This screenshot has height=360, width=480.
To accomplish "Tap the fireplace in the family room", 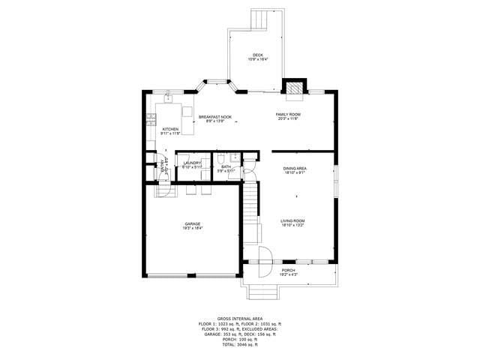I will pos(295,88).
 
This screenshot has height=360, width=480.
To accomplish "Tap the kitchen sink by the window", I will pos(169,97).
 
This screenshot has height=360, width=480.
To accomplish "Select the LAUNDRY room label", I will pos(192,164).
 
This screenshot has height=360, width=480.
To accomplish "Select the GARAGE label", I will pos(193,225).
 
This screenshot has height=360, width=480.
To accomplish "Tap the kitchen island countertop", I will pos(187,119).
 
